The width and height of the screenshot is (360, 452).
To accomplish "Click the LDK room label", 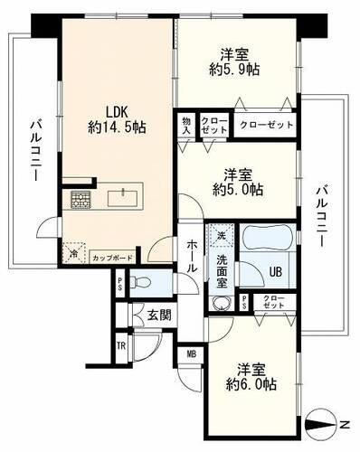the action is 117,112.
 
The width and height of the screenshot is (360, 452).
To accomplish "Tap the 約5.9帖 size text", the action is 234,70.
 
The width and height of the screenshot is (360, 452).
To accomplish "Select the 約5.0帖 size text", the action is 238,190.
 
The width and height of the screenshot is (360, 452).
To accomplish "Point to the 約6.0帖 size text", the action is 251,384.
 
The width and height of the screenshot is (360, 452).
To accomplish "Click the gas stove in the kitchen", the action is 81,199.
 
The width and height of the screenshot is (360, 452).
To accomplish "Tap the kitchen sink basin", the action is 123,198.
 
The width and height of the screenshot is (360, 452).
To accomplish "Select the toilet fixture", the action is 140,283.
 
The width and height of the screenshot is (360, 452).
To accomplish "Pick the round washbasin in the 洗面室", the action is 222,303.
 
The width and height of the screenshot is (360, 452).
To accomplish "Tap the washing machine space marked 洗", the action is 222,235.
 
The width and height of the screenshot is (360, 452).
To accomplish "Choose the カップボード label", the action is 113,259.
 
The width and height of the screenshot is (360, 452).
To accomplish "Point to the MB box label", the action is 192,354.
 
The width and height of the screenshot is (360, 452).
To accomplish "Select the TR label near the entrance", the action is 121,346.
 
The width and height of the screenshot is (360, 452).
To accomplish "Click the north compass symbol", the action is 320,425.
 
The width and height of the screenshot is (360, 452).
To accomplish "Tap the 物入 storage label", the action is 186,126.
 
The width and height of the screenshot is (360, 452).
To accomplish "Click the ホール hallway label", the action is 192,256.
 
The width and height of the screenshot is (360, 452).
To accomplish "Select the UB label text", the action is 275,272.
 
